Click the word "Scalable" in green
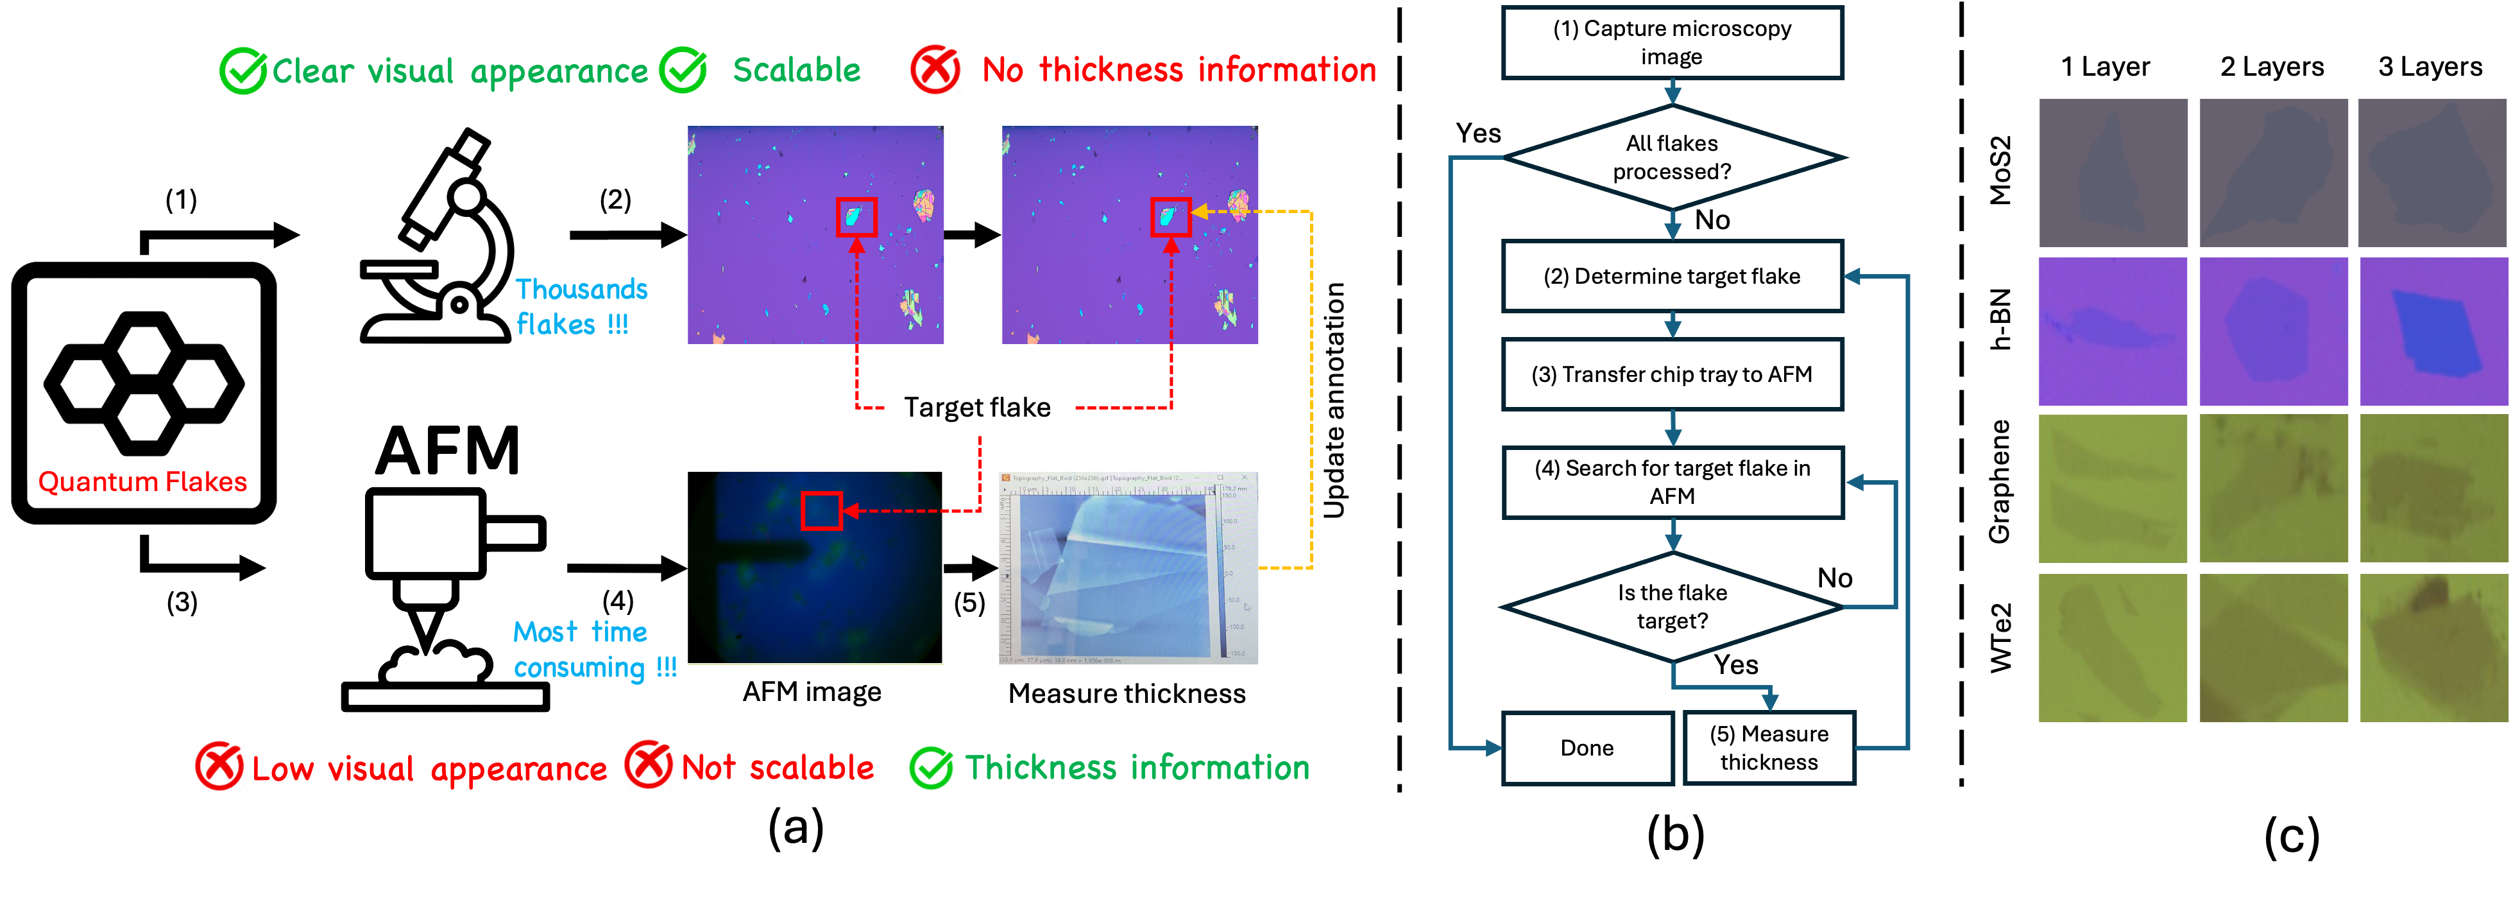796,70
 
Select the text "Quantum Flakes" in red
142,481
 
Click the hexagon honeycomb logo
144,383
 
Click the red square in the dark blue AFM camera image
821,510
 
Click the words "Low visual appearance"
429,769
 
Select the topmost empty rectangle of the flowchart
1672,43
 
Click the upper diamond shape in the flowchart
1672,157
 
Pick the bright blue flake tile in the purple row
2433,331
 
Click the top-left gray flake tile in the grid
2113,173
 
